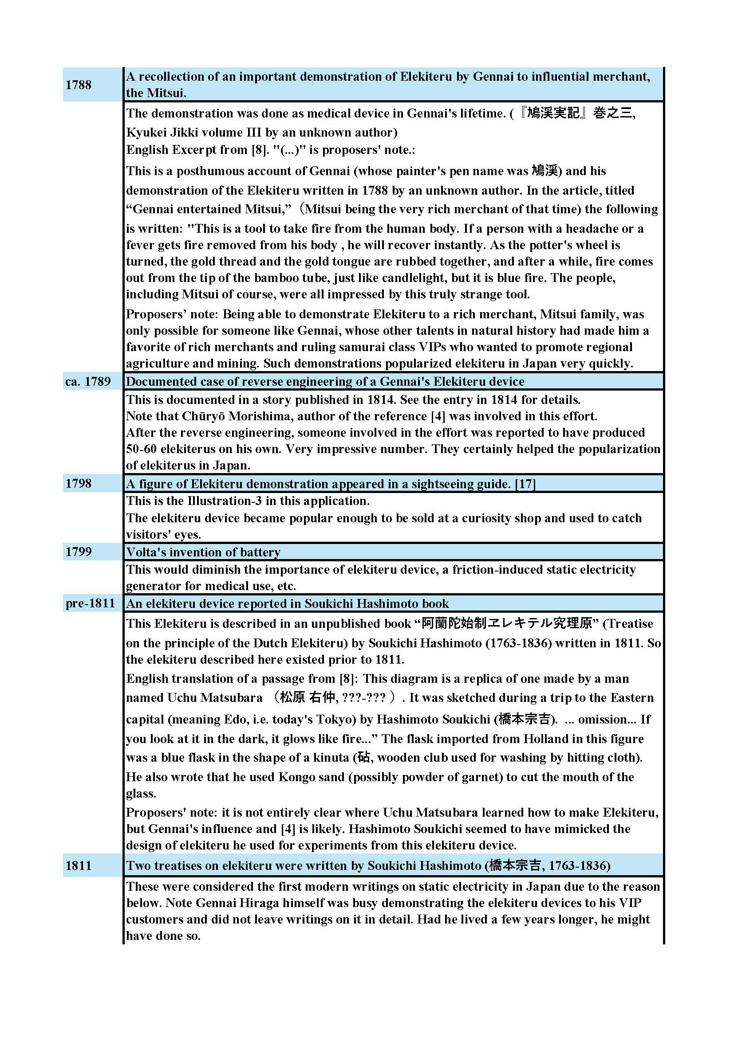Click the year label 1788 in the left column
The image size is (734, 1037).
pos(78,85)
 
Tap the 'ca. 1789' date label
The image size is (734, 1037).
pos(88,382)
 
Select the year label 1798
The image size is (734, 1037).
pos(78,484)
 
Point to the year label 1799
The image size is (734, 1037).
pos(78,552)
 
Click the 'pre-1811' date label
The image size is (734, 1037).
pos(91,603)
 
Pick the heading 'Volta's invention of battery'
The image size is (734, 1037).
pos(203,552)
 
